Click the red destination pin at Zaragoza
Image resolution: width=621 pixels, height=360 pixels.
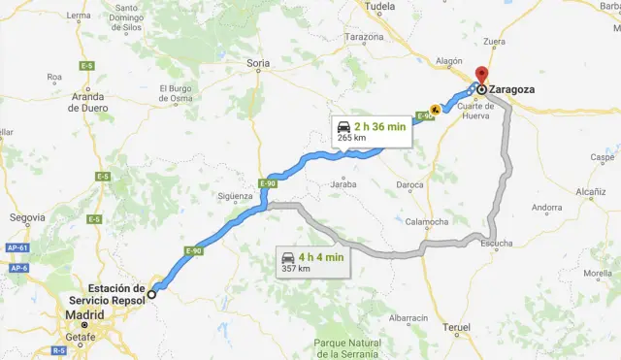482,76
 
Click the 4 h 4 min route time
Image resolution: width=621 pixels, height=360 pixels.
321,257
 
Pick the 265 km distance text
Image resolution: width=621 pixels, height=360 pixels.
351,138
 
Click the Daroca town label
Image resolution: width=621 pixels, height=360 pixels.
409,184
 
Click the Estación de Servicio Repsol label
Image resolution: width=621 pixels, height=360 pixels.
115,294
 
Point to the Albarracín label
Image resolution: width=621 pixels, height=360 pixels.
408,317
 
